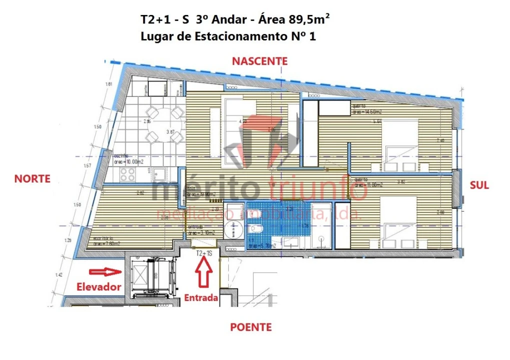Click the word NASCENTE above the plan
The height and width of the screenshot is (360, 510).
[259, 61]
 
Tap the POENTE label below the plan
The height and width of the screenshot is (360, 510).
[251, 327]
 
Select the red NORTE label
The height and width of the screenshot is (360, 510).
[33, 178]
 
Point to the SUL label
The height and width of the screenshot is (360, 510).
[479, 185]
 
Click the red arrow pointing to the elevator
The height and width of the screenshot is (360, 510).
[105, 272]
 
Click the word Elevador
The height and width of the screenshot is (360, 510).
[99, 287]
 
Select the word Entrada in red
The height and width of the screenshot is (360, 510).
[201, 298]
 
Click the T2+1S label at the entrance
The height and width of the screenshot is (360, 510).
[204, 253]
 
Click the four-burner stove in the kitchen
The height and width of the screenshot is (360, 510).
[127, 174]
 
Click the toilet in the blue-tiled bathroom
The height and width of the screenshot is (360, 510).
[255, 229]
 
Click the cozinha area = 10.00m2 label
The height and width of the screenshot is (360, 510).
[129, 159]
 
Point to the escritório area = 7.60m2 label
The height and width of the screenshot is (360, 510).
[106, 241]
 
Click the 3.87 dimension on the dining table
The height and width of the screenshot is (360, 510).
[170, 132]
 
